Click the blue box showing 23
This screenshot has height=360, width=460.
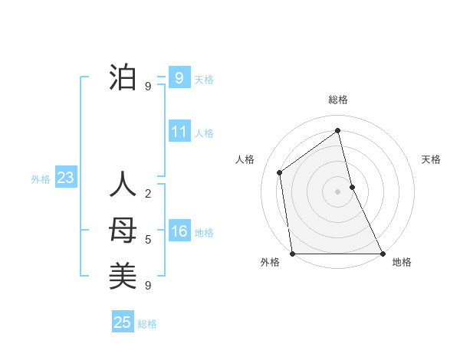pyautogui.click(x=65, y=178)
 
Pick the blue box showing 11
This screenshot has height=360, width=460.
pyautogui.click(x=179, y=132)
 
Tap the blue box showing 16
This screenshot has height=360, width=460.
pyautogui.click(x=179, y=231)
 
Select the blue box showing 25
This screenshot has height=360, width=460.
pyautogui.click(x=123, y=322)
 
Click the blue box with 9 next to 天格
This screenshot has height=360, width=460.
pyautogui.click(x=179, y=77)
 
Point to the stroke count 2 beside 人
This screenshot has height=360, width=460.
pyautogui.click(x=148, y=193)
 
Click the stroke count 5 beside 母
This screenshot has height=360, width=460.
pyautogui.click(x=148, y=240)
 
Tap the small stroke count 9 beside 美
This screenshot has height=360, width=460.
pyautogui.click(x=148, y=286)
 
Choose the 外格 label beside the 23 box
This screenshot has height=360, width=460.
pyautogui.click(x=41, y=179)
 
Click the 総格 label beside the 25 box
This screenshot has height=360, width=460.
pyautogui.click(x=147, y=324)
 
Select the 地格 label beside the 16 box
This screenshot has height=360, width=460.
pyautogui.click(x=204, y=233)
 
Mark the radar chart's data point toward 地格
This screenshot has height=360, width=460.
pyautogui.click(x=382, y=254)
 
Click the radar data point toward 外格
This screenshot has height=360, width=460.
pyautogui.click(x=292, y=254)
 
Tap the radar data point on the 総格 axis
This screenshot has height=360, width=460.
pyautogui.click(x=337, y=131)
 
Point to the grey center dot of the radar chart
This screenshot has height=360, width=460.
pyautogui.click(x=337, y=191)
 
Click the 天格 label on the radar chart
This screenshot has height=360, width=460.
pyautogui.click(x=432, y=159)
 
